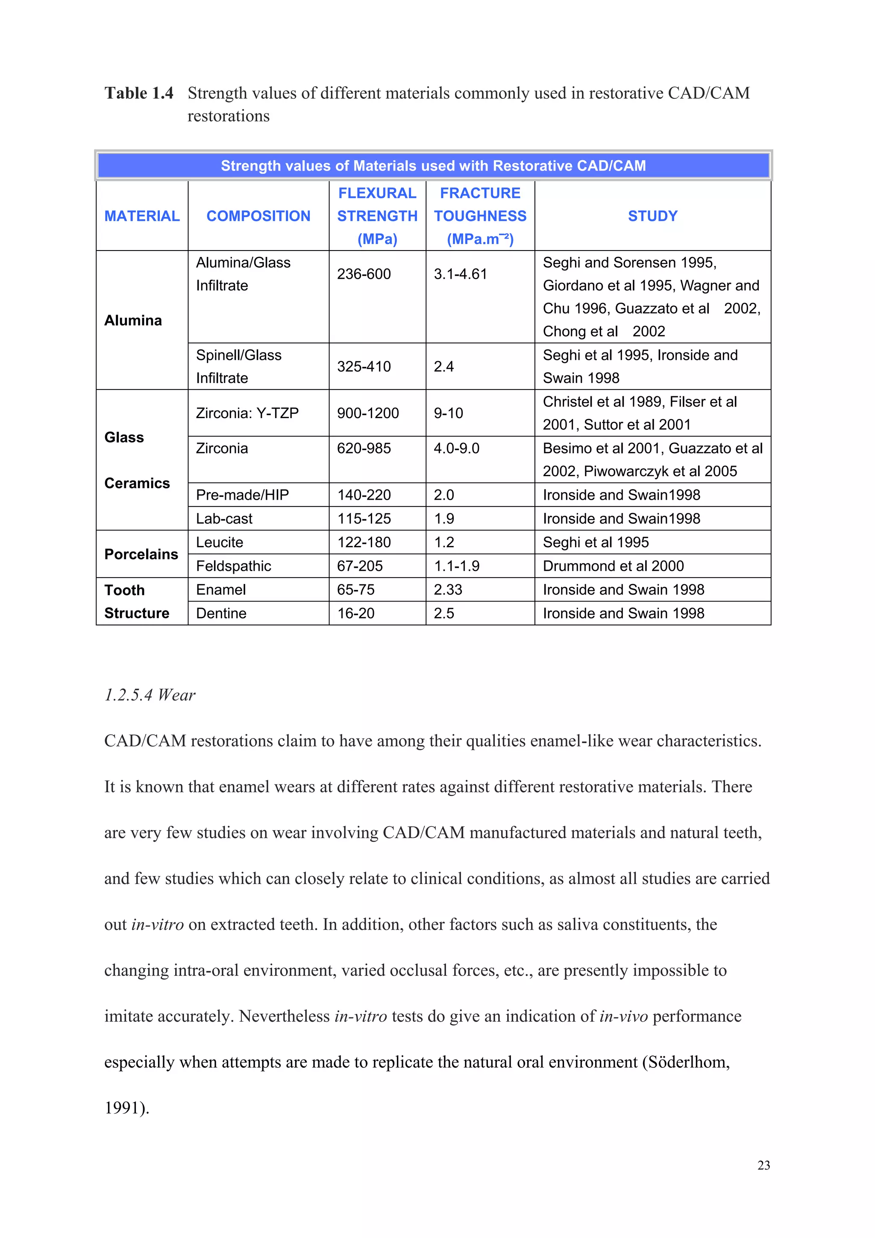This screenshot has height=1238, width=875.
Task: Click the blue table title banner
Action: tap(433, 165)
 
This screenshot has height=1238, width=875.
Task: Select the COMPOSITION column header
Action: tap(258, 216)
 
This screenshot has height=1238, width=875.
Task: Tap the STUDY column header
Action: tap(652, 216)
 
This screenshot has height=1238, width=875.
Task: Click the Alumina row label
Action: tap(133, 320)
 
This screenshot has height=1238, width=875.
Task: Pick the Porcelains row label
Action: tap(141, 554)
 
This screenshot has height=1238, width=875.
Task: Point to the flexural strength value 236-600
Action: tap(364, 274)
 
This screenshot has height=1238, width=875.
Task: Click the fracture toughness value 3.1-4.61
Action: tap(460, 274)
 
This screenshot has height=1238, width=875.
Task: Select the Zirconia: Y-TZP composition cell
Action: tap(247, 413)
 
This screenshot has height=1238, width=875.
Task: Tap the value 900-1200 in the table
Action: tap(368, 413)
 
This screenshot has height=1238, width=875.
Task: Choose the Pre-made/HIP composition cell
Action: tap(242, 495)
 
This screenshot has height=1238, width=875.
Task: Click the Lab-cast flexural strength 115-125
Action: tap(364, 519)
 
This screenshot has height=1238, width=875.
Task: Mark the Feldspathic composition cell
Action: tap(233, 566)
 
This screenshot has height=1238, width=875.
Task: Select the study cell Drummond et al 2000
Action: tap(613, 566)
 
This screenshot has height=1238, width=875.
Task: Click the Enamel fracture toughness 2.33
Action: tap(448, 590)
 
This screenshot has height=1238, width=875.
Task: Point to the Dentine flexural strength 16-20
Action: tap(355, 613)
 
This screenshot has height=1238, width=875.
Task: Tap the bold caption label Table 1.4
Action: tap(139, 93)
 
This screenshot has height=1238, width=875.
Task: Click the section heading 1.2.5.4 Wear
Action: tap(150, 695)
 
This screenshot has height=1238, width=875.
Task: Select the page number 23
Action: tap(763, 1165)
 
